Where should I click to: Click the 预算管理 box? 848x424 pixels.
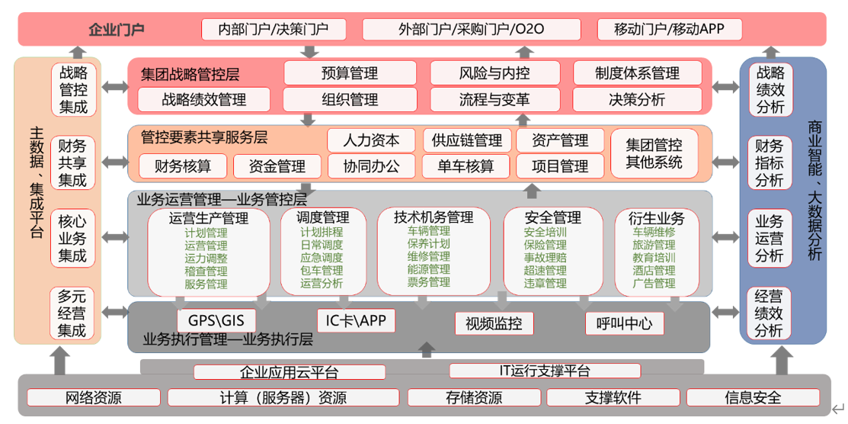(350, 74)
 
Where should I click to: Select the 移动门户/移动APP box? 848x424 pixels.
(668, 30)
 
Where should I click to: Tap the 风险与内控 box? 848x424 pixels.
(494, 74)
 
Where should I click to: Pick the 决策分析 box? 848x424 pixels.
(637, 99)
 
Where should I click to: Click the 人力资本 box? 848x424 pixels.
(371, 140)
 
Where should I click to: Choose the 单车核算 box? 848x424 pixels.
(465, 165)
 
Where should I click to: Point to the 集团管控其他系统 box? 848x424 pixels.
(654, 153)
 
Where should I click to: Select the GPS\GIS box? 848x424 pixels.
(211, 321)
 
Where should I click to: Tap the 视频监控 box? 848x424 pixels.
(494, 323)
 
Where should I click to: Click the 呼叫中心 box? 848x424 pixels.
(624, 323)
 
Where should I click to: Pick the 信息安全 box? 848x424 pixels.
(753, 397)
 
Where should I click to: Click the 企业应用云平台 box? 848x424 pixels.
(289, 372)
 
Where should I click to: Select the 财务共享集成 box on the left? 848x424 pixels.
(73, 162)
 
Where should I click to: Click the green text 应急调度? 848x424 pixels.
(322, 258)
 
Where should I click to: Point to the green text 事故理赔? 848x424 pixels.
(545, 258)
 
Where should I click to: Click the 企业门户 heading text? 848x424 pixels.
(117, 31)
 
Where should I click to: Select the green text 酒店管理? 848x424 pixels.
(654, 271)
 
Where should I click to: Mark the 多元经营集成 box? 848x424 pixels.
(73, 313)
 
